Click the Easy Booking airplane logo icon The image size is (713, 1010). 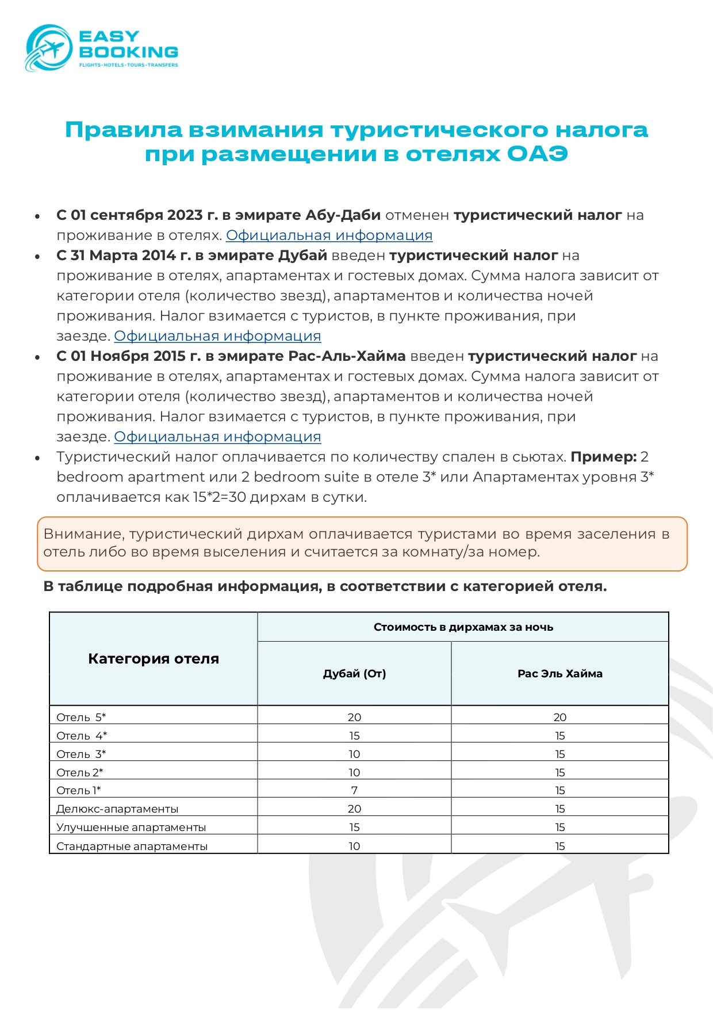48,48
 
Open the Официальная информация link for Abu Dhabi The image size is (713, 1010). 329,235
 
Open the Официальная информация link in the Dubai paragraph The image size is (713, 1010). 217,336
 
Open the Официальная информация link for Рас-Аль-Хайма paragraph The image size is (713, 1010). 217,437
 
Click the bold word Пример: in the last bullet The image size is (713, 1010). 603,457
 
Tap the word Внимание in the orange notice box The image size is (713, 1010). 83,534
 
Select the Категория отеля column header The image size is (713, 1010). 154,659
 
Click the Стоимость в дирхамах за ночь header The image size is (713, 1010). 463,627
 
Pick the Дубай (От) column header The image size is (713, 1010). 354,674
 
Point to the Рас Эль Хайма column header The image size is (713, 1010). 559,674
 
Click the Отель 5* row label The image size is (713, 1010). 81,718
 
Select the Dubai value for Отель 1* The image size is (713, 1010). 354,791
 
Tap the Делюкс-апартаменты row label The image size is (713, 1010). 117,809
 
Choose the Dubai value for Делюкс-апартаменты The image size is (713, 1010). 354,809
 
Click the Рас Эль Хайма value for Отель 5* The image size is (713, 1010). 559,718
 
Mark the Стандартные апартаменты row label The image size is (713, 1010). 132,847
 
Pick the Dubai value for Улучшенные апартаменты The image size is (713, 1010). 354,828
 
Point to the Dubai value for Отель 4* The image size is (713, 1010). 354,736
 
